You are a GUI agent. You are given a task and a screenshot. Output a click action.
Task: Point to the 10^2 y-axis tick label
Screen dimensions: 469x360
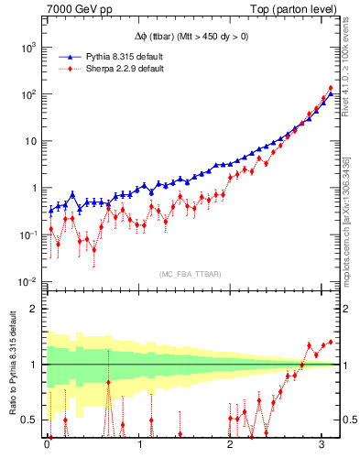(29, 93)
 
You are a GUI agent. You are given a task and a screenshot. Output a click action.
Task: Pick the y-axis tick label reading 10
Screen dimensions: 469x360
(32, 141)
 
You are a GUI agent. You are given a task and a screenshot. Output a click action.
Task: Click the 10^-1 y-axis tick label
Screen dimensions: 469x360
(28, 234)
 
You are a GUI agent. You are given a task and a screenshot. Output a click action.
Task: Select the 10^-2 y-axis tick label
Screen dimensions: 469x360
(28, 281)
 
